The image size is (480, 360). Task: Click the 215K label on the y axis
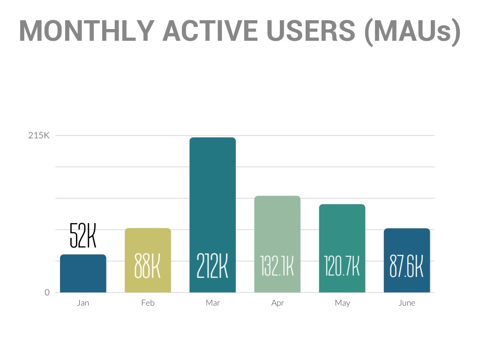(39, 136)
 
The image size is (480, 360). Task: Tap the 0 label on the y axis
(47, 292)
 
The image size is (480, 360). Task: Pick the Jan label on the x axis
(83, 303)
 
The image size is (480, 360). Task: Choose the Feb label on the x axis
(148, 303)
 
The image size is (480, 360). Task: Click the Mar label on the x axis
(213, 303)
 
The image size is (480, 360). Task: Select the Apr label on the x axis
(277, 303)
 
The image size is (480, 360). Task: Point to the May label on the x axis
(342, 303)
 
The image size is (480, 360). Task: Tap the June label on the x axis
(407, 303)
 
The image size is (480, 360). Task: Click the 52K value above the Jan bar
(83, 235)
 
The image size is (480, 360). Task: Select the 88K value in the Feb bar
(148, 266)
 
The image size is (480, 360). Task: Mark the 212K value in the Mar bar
(212, 266)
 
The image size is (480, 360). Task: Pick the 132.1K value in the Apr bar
(277, 266)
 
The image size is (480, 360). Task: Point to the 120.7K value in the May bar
(342, 266)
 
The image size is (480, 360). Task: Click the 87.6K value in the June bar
(407, 266)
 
